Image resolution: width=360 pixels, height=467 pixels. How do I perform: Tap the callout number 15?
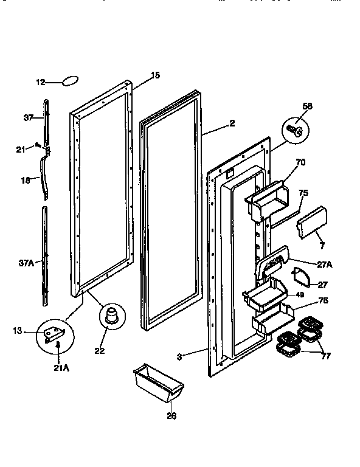click(x=155, y=75)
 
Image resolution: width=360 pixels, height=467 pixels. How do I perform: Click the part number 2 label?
click(x=232, y=123)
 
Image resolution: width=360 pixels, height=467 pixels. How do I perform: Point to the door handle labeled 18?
click(x=44, y=177)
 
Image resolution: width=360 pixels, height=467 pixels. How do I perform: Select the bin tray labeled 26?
click(x=157, y=381)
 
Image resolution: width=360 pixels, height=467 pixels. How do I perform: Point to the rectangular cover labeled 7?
click(x=313, y=223)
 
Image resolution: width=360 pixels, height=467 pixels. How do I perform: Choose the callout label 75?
click(x=303, y=193)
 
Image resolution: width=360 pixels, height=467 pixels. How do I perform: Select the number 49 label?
click(x=299, y=295)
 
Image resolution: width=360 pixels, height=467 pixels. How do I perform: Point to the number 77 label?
click(x=325, y=356)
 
